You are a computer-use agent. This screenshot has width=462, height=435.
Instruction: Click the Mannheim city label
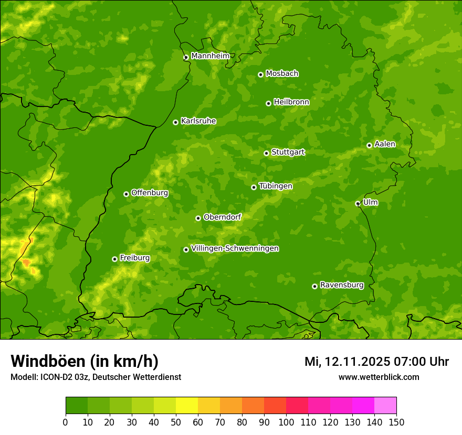(x=210, y=56)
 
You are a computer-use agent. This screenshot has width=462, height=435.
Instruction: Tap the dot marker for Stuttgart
(x=266, y=153)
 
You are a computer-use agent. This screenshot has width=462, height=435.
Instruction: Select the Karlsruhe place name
(x=198, y=121)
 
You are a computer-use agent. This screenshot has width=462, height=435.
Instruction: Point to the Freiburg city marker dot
(x=114, y=259)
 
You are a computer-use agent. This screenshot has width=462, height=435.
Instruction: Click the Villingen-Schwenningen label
(x=235, y=248)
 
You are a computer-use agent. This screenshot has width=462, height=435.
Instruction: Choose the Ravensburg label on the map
(x=341, y=285)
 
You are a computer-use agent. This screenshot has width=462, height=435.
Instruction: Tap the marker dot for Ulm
(x=358, y=203)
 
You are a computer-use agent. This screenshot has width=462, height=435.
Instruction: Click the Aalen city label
(x=384, y=144)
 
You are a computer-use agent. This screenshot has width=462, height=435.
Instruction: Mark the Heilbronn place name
(x=291, y=102)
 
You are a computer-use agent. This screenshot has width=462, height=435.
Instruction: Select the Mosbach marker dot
(x=260, y=74)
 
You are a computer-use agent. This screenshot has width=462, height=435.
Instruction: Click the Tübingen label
(x=275, y=186)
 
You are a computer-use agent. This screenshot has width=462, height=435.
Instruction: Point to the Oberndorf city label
(x=222, y=217)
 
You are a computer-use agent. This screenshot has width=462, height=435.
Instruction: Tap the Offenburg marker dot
(x=126, y=194)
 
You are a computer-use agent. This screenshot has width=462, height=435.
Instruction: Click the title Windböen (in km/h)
(x=84, y=361)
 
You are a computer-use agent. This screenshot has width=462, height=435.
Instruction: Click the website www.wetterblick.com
(x=379, y=377)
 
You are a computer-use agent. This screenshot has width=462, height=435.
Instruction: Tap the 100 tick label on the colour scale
(x=286, y=422)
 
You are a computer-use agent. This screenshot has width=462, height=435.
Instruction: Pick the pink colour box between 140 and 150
(x=385, y=406)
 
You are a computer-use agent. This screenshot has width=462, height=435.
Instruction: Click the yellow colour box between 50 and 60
(x=187, y=406)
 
